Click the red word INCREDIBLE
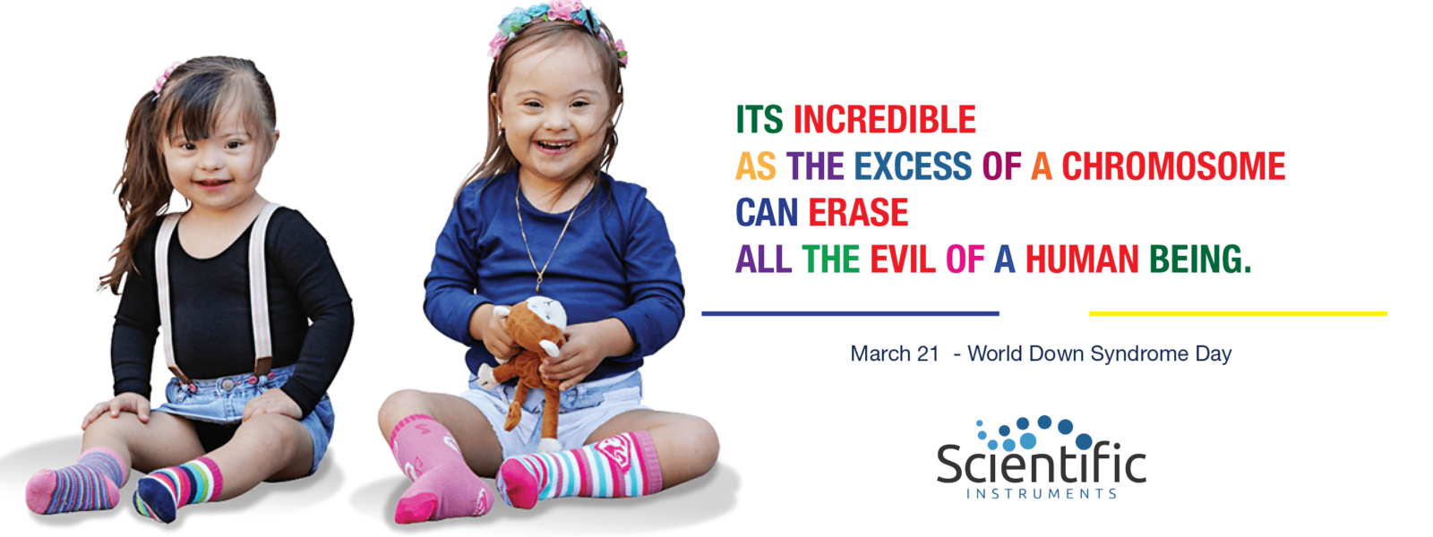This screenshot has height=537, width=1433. click(885, 120)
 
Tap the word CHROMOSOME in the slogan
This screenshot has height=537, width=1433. click(1173, 166)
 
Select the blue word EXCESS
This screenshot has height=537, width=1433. click(913, 166)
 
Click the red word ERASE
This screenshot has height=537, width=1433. click(858, 212)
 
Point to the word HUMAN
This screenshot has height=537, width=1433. click(1082, 259)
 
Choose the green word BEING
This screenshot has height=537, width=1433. click(1200, 259)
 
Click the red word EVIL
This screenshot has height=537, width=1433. click(903, 259)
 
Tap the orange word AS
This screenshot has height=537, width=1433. click(756, 166)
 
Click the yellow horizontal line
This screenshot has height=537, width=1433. click(1238, 313)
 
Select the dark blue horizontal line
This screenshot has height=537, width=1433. click(850, 313)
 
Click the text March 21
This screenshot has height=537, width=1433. click(895, 354)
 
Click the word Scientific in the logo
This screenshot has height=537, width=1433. click(1042, 465)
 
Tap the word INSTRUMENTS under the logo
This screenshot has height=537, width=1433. click(1042, 493)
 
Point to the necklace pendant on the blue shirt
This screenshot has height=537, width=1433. click(539, 283)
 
